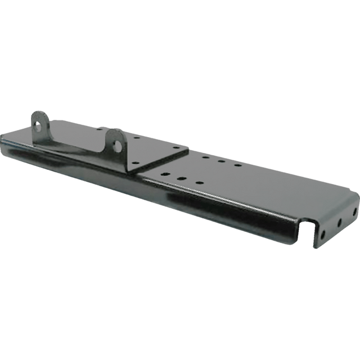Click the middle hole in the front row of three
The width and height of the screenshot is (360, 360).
coord(181,178)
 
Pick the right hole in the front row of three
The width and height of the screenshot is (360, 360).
coord(197,183)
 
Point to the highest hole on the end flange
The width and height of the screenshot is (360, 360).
coord(354,211)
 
